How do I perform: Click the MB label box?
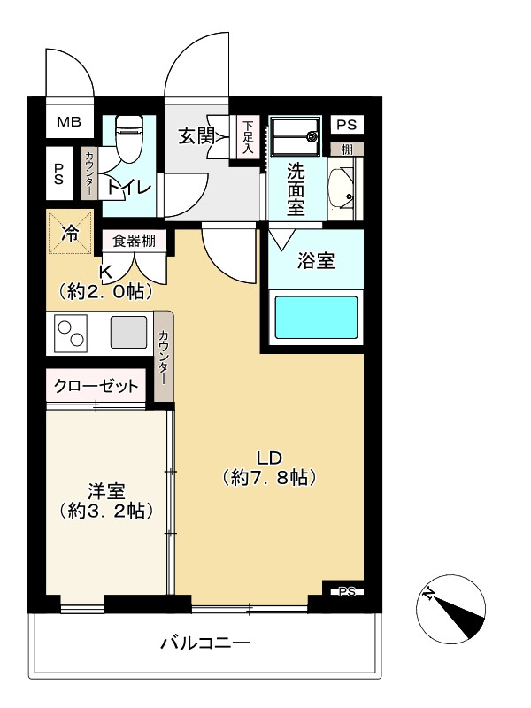pyautogui.click(x=68, y=122)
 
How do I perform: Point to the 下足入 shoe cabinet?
pyautogui.click(x=248, y=138)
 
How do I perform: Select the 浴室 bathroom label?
pyautogui.click(x=316, y=261)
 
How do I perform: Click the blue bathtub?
pyautogui.click(x=316, y=318)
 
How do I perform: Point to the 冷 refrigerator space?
pyautogui.click(x=69, y=234)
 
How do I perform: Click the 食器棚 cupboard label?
pyautogui.click(x=135, y=240)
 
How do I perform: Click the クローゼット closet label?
pyautogui.click(x=96, y=386)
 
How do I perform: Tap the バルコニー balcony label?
pyautogui.click(x=204, y=643)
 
